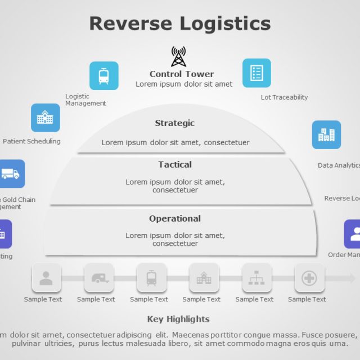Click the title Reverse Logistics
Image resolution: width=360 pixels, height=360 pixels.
click(x=180, y=24)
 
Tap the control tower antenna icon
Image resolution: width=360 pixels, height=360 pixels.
click(x=178, y=57)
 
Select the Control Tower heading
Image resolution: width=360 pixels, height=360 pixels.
click(x=182, y=74)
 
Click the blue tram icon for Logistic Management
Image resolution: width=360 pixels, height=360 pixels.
click(x=104, y=76)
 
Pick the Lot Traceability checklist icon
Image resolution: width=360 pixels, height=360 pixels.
click(x=256, y=73)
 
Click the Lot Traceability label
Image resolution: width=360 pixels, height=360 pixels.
click(x=284, y=97)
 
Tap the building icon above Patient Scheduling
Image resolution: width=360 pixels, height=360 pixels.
click(x=45, y=118)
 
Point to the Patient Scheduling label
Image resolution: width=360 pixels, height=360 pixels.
click(x=31, y=141)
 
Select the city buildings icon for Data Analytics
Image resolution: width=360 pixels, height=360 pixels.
click(x=326, y=135)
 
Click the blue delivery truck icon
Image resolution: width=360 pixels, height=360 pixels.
click(x=11, y=174)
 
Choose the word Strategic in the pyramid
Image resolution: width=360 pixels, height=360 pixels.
click(x=175, y=123)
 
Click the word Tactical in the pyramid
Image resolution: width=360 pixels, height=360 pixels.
click(x=175, y=165)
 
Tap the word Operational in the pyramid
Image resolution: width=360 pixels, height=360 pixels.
click(x=175, y=219)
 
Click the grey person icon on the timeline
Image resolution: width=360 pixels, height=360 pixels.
click(x=46, y=278)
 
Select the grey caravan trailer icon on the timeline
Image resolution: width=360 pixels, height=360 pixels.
click(x=99, y=278)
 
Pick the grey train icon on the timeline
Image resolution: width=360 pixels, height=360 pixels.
click(x=151, y=278)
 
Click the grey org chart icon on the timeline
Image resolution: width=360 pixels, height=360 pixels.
click(x=257, y=278)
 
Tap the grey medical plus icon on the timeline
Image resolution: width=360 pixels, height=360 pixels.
click(x=309, y=278)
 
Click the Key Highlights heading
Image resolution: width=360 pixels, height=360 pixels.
click(x=178, y=319)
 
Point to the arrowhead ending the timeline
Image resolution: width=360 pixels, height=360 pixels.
click(x=352, y=278)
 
